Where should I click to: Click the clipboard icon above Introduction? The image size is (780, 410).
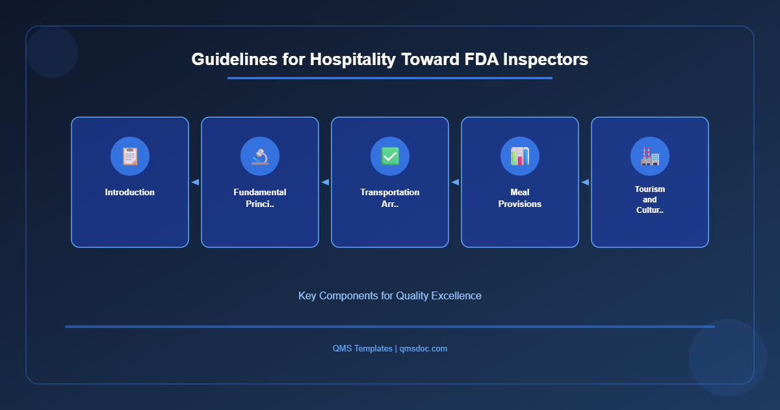(x=130, y=156)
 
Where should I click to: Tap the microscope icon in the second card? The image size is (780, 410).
(x=260, y=156)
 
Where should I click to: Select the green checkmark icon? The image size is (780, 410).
(x=390, y=156)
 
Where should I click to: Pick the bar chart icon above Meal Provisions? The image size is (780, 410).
(x=520, y=156)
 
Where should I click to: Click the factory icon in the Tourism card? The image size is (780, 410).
(x=650, y=156)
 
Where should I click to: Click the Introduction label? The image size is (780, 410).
(x=130, y=193)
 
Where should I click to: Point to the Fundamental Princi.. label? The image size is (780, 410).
(x=260, y=198)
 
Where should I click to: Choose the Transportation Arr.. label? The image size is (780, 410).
(x=390, y=198)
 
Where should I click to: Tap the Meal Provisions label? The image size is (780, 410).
(x=520, y=198)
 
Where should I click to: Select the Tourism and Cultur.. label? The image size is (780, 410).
(x=650, y=200)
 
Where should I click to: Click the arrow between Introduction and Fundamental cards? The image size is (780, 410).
(x=195, y=182)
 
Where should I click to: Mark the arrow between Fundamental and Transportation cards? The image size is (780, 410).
(x=325, y=182)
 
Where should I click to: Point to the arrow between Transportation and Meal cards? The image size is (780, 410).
(x=455, y=182)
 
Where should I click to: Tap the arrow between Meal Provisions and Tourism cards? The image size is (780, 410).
(x=585, y=182)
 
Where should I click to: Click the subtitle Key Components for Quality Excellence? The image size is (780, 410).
(x=390, y=295)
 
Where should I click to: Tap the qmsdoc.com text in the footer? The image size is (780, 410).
(x=423, y=349)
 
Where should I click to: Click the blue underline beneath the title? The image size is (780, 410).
(x=390, y=78)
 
